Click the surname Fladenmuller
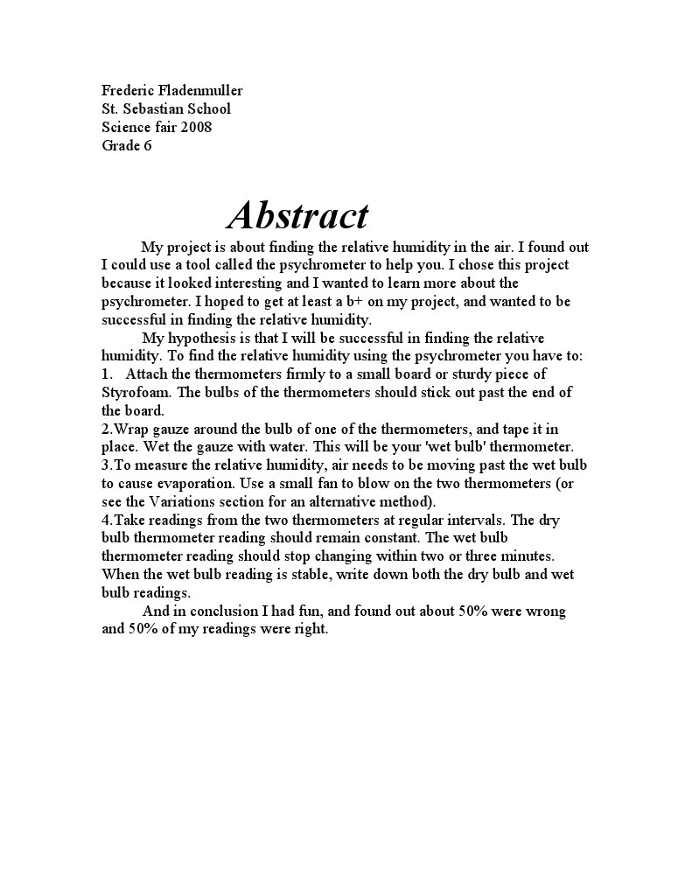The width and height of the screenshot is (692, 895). click(x=198, y=90)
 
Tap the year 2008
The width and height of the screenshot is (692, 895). click(x=195, y=127)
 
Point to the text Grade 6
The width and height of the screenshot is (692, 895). click(x=127, y=145)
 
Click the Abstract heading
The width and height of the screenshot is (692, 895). click(x=297, y=215)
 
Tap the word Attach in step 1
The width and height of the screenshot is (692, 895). click(x=148, y=374)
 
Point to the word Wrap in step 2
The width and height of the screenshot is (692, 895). click(x=131, y=429)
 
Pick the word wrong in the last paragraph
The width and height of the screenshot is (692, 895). click(x=545, y=611)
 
